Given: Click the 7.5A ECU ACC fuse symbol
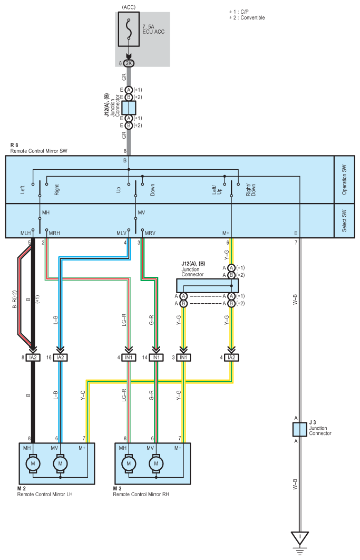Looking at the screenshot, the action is coord(129,30).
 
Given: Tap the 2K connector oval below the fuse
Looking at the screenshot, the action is coord(129,63).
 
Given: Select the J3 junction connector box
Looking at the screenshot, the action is coord(299,429).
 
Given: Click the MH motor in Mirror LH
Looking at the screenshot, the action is coord(33,464).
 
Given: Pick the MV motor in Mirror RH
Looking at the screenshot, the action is coord(156,464).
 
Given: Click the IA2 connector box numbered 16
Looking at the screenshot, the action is coord(61,358).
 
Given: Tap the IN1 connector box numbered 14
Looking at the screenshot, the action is coord(156,358).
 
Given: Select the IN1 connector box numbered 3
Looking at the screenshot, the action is coord(183,358).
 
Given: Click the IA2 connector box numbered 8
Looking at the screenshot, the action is coord(33,358).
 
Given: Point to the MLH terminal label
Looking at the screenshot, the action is coord(25,233).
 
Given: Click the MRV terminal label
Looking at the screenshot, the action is coord(150,233).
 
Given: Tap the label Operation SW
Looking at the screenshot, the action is coord(344,179).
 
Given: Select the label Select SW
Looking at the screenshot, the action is coord(344,220).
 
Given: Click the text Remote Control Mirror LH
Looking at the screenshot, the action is coord(45,494).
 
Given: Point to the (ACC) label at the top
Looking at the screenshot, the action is coord(129,7).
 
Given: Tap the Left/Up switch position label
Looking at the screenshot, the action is coord(217,189).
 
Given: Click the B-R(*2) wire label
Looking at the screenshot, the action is coord(15,300).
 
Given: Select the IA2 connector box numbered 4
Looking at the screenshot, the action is coord(231,358).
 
